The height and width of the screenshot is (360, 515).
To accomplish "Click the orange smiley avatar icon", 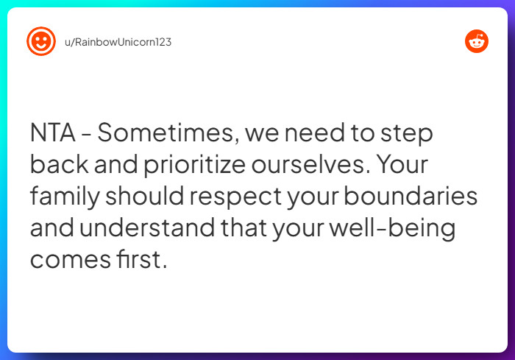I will pos(41,41).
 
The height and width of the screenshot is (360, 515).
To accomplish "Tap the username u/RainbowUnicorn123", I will pos(118,42).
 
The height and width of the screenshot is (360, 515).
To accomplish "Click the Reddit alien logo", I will pos(477,41).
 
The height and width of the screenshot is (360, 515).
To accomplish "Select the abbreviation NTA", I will pos(52,133).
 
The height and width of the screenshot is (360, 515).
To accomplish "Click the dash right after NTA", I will pos(86,135).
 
